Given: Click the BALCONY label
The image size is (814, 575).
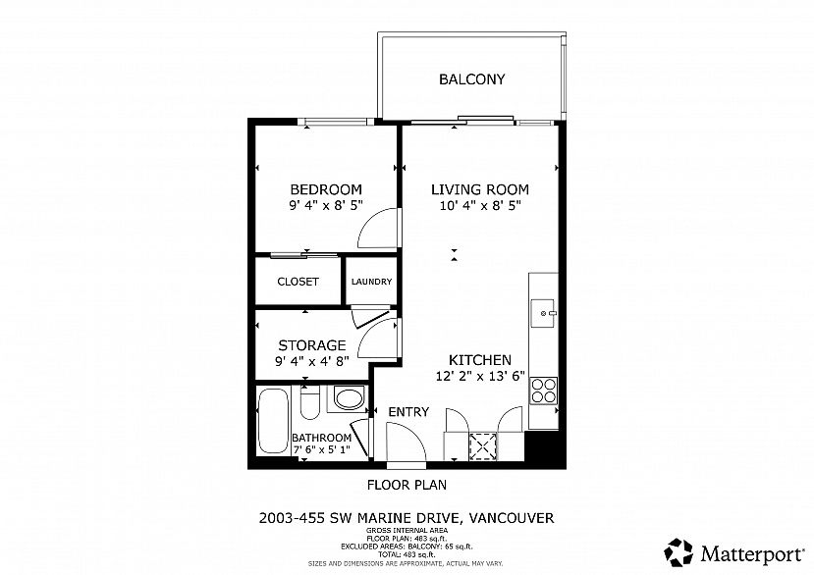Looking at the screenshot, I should tap(471, 79).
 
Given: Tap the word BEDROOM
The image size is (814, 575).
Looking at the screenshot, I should tap(325, 189).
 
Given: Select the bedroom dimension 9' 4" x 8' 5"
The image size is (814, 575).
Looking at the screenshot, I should tap(325, 206).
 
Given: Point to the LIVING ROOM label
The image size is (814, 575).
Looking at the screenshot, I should tap(480, 189).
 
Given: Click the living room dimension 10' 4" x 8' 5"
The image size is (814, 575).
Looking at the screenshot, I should tap(480, 206).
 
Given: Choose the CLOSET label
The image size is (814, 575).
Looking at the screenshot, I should tap(298, 282).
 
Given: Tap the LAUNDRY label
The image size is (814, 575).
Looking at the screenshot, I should tap(372, 282).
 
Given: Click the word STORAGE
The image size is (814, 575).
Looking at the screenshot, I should tap(311, 345).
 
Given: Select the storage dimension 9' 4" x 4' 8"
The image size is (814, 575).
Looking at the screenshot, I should tap(311, 361).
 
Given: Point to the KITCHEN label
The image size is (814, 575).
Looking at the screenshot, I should tap(480, 359).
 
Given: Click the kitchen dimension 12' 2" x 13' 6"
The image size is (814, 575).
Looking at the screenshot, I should tap(480, 376).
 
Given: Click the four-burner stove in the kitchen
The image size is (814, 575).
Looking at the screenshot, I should tap(543, 392).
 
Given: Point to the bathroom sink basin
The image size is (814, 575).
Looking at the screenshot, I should tap(348, 399).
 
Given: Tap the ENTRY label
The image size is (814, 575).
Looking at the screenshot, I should tap(407, 412).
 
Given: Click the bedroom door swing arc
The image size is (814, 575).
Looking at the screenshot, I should tap(375, 230).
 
